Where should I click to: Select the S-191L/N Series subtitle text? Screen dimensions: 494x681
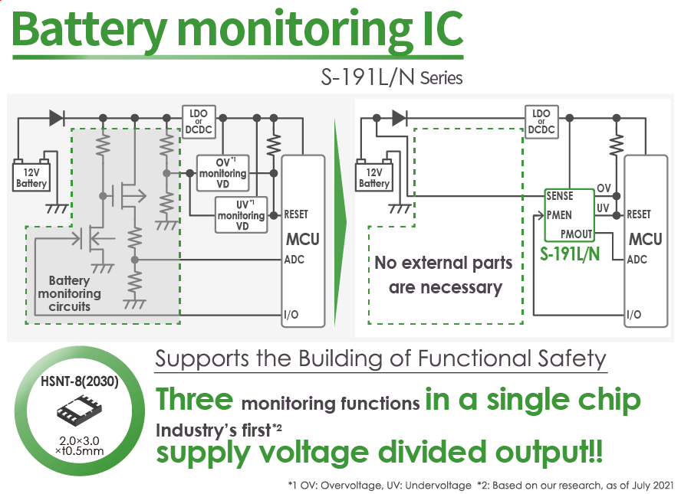(392, 77)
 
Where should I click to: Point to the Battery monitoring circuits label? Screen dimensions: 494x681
(69, 293)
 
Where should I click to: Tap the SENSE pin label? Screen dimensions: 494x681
(560, 197)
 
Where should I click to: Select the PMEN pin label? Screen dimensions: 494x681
(559, 214)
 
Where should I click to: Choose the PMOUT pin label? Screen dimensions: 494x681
(577, 233)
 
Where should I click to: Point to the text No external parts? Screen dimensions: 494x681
(443, 263)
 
